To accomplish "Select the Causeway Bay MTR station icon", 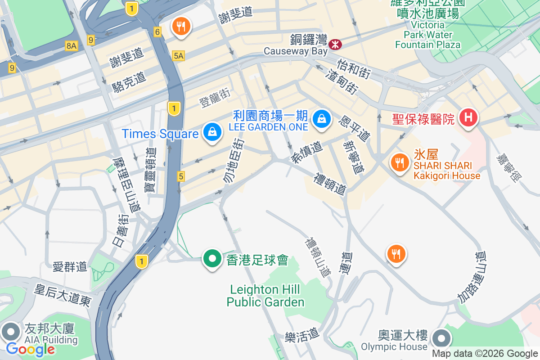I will [335, 44].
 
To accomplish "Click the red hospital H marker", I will [468, 118].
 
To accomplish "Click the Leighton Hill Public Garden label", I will [265, 295].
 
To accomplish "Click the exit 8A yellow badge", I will [71, 45].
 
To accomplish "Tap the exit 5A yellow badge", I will [178, 55].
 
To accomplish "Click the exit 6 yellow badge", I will [157, 32].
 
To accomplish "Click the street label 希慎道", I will [307, 153].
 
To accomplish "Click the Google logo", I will [30, 349].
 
